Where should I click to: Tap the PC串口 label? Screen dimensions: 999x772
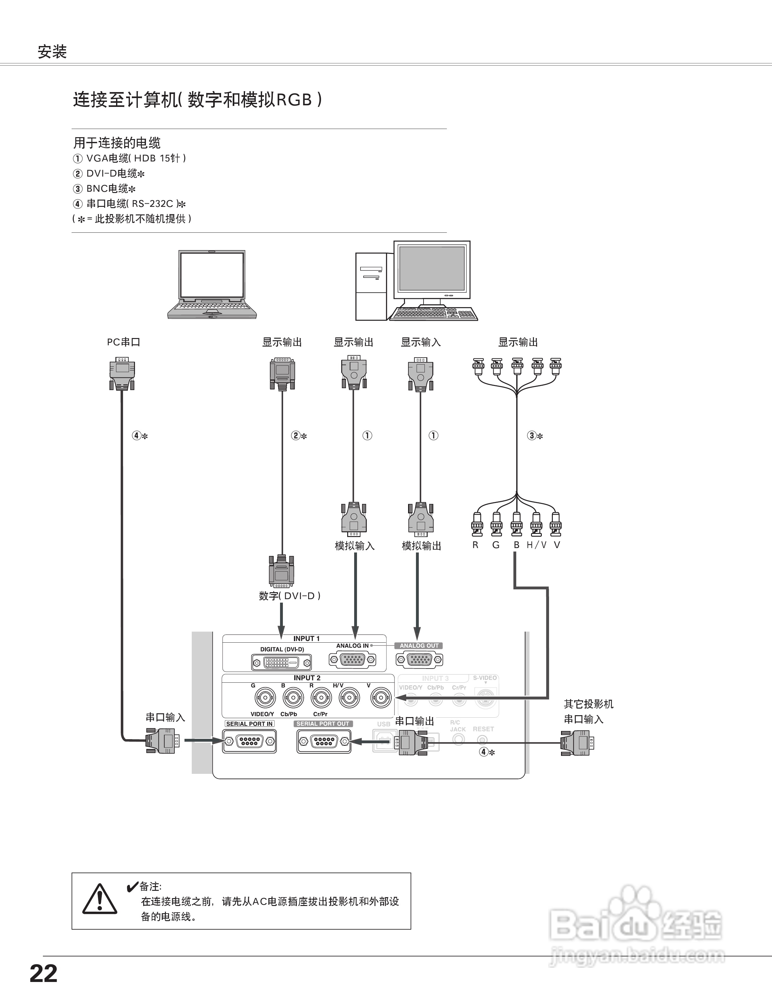click(x=124, y=342)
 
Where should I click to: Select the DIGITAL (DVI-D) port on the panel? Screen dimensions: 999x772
click(x=281, y=662)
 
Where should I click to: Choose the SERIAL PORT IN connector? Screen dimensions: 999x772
click(x=249, y=740)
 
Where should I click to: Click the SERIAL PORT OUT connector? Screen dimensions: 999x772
click(x=324, y=740)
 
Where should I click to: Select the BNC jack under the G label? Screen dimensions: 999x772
click(x=265, y=698)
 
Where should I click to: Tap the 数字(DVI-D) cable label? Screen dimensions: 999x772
click(x=289, y=596)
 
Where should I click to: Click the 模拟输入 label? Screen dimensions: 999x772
click(x=354, y=546)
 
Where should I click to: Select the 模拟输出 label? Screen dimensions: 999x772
click(x=421, y=546)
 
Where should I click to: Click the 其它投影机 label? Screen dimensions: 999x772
click(x=588, y=704)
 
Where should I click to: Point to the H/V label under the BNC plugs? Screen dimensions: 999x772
click(x=536, y=545)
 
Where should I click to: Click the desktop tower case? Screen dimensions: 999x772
click(x=371, y=287)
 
